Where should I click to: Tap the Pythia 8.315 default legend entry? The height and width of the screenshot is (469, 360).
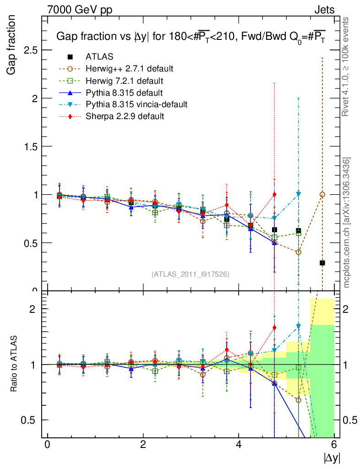[x=124, y=93]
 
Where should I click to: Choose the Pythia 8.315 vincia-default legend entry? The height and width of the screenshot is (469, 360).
[x=136, y=104]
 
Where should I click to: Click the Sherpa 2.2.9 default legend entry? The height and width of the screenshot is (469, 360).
[x=125, y=116]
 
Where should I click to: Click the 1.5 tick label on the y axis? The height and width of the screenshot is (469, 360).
[x=30, y=146]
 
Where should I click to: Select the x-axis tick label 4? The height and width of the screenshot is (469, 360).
[x=239, y=445]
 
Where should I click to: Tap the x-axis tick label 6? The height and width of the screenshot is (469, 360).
[x=334, y=445]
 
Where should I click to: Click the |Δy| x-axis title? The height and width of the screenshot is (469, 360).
[x=331, y=458]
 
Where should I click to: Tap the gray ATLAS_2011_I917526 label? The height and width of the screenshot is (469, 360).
[x=191, y=274]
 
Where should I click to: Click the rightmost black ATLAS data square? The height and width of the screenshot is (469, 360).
[x=322, y=263]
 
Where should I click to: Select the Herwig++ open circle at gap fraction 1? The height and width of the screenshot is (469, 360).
[x=322, y=195]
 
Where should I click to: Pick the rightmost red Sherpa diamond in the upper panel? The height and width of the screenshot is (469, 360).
[x=274, y=194]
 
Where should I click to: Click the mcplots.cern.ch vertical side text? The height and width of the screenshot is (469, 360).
[x=347, y=223]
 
